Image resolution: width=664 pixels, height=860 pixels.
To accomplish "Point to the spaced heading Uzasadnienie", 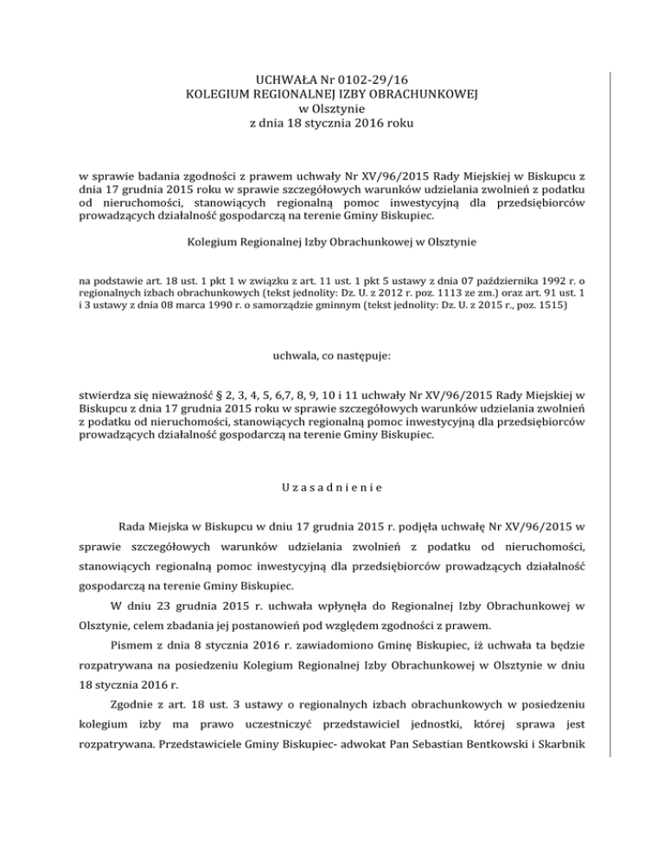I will pyautogui.click(x=332, y=486).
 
